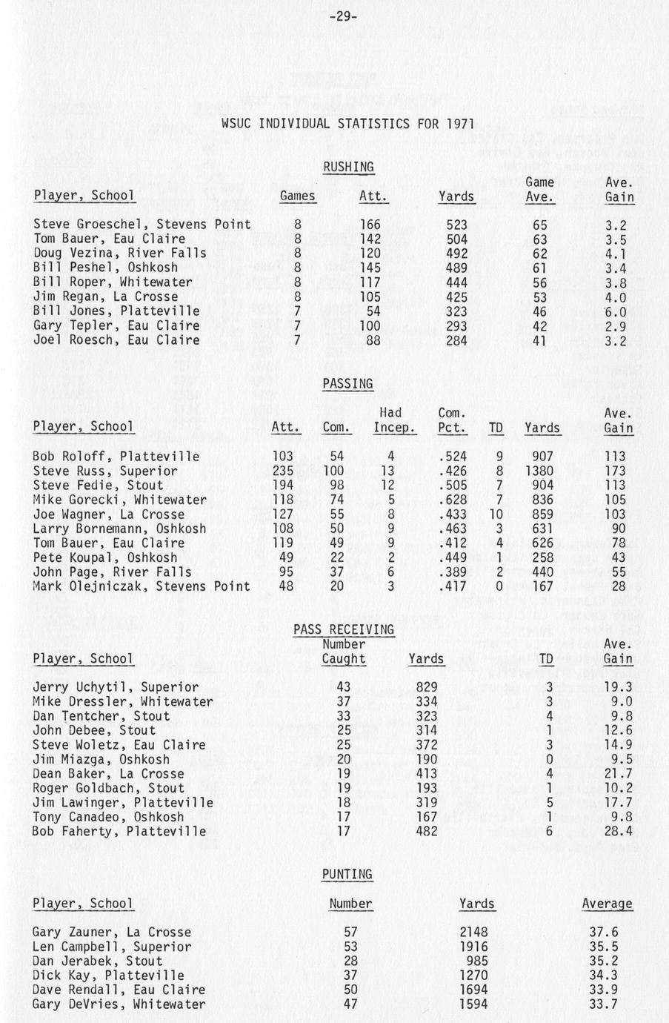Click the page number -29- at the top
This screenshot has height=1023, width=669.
[342, 16]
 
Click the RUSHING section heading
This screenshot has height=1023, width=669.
[348, 168]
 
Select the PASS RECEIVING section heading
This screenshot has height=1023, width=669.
[343, 630]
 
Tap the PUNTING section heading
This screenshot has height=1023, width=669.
[347, 875]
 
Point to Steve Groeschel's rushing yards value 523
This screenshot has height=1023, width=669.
[456, 225]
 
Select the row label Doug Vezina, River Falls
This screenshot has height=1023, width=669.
[120, 254]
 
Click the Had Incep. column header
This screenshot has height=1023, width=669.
[394, 420]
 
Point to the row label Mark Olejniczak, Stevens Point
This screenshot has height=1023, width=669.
[142, 586]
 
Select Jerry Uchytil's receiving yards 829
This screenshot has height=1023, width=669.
[427, 687]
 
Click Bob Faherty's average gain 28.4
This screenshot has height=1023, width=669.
[618, 832]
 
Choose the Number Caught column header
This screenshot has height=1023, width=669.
[344, 652]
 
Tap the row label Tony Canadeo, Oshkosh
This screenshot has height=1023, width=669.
[108, 817]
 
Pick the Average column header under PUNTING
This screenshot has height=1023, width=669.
[608, 904]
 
